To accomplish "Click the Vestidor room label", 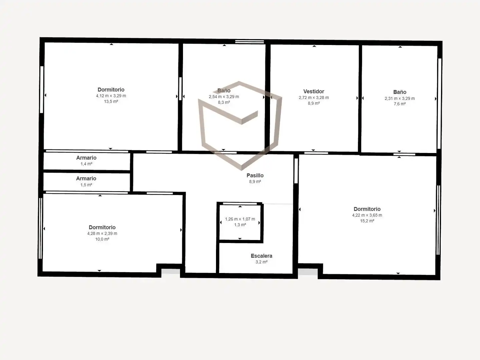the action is point(314,91).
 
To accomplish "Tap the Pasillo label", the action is point(255,175).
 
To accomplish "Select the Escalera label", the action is point(262,256).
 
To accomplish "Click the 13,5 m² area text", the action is point(111,101).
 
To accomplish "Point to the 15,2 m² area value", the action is point(367,221).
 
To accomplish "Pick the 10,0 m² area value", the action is point(102,239).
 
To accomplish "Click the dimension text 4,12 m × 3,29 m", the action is point(111,96).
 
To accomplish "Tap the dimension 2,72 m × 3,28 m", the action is point(314,97).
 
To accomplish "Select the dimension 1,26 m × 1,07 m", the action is point(240,219).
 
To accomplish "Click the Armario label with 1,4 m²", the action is point(86,158).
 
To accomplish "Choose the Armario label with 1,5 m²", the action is point(86,178).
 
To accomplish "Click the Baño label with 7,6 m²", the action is point(400,92).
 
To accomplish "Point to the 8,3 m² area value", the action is point(224,102).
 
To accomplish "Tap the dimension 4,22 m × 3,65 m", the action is point(367,215).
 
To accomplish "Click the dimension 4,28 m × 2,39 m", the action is point(102,233).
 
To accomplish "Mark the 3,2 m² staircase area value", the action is point(262,262).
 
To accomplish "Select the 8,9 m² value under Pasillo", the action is point(255,181).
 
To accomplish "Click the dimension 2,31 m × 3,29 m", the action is point(400,98).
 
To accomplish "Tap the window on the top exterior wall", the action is point(250,42).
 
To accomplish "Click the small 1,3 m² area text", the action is point(240,225).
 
